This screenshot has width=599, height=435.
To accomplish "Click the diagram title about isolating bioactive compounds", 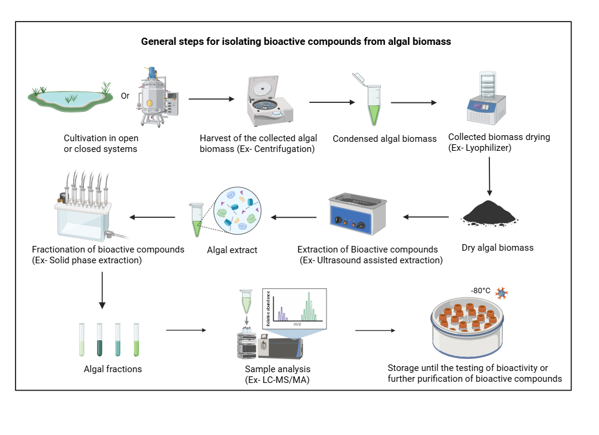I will pos(295,42).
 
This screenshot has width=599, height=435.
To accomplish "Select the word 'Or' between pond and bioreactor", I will pos(125,95).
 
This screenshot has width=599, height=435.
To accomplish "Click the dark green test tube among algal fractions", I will pos(100,339).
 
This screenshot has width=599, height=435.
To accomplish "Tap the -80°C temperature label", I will pos(480,291).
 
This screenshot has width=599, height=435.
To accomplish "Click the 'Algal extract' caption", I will pos(232,250).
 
